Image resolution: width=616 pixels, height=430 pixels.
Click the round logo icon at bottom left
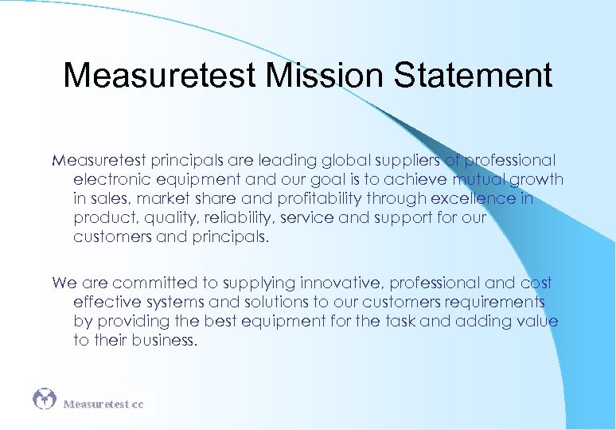click(x=45, y=399)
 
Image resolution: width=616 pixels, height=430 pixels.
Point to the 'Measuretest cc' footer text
click(x=103, y=404)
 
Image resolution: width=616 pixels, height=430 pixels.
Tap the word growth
click(x=533, y=180)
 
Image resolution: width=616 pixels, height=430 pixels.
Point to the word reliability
click(x=237, y=218)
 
